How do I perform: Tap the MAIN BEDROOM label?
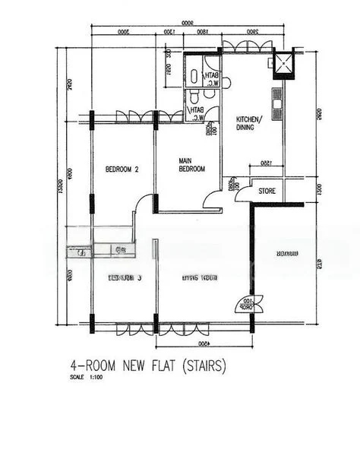[191, 165]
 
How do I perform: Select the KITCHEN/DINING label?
[250, 124]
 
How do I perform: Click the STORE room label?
[267, 191]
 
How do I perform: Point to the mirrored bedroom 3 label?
[125, 277]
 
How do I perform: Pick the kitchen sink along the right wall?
[277, 98]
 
